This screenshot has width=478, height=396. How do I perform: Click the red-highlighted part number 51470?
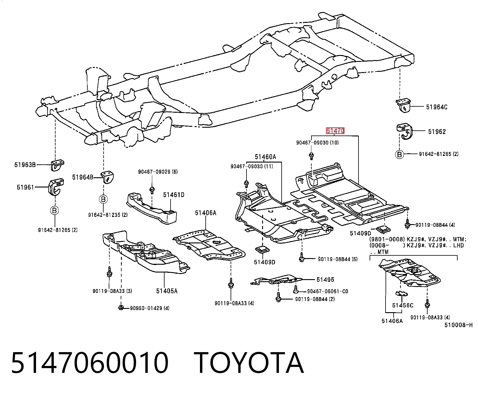pos(335,131)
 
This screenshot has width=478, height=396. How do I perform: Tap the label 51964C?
pos(437,107)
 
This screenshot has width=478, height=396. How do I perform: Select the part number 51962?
pos(437,132)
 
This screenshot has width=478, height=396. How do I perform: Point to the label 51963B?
pos(25,165)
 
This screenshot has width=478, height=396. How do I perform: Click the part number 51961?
pos(26,187)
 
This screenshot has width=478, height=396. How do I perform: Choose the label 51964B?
pos(83,177)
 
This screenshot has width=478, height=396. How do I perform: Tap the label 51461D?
pos(174,195)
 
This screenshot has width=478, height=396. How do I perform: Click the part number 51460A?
pos(265,157)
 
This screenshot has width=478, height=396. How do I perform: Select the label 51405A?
pos(167,291)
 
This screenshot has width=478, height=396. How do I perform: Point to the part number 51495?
pos(325,280)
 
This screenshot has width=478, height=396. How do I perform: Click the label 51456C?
pos(403,305)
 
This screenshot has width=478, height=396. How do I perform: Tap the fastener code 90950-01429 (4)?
pos(150,308)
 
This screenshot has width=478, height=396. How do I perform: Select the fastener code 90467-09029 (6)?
pos(158,172)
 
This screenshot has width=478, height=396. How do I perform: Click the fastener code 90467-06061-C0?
pos(328,291)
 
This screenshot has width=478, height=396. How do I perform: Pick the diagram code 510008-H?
pos(458,325)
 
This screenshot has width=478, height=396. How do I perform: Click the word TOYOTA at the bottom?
pos(249,363)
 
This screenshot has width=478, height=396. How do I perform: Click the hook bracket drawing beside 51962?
pos(404,131)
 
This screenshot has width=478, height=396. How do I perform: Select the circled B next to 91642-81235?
pos(103,199)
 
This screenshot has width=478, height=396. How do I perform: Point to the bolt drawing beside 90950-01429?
pos(121,308)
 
